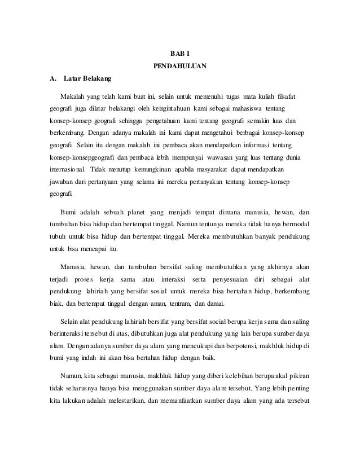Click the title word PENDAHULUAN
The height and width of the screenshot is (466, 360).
180,66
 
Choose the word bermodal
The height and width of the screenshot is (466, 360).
295,227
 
